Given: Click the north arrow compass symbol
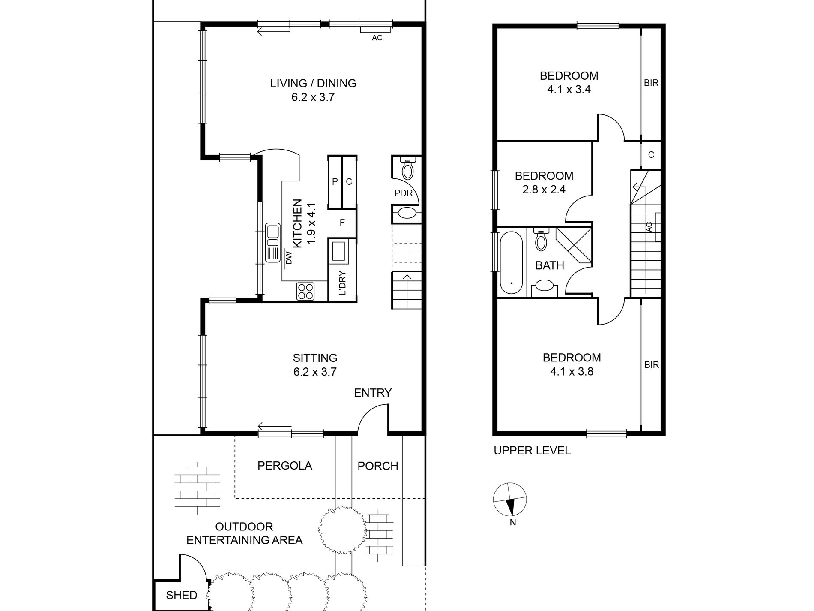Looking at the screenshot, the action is (510, 500).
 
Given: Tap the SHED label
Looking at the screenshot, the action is (182, 595).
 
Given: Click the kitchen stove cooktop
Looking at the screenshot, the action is (305, 292).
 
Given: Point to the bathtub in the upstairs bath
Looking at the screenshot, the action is (511, 263).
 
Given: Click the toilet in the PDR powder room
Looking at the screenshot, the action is (407, 168).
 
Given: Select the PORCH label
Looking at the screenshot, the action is (378, 466).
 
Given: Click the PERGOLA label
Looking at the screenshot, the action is (285, 466).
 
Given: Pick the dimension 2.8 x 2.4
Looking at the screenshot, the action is (544, 189).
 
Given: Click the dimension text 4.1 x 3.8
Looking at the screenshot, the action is (572, 371).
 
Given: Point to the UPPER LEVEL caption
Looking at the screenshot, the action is (532, 451).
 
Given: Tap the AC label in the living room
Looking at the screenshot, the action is (377, 38).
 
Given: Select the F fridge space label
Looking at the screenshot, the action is (342, 223).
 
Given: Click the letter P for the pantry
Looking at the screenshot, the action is (335, 182).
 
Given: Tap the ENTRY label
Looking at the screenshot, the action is (373, 393).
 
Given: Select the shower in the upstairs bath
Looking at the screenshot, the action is (574, 245).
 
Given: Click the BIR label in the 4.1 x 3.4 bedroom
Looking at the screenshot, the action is (651, 83).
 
